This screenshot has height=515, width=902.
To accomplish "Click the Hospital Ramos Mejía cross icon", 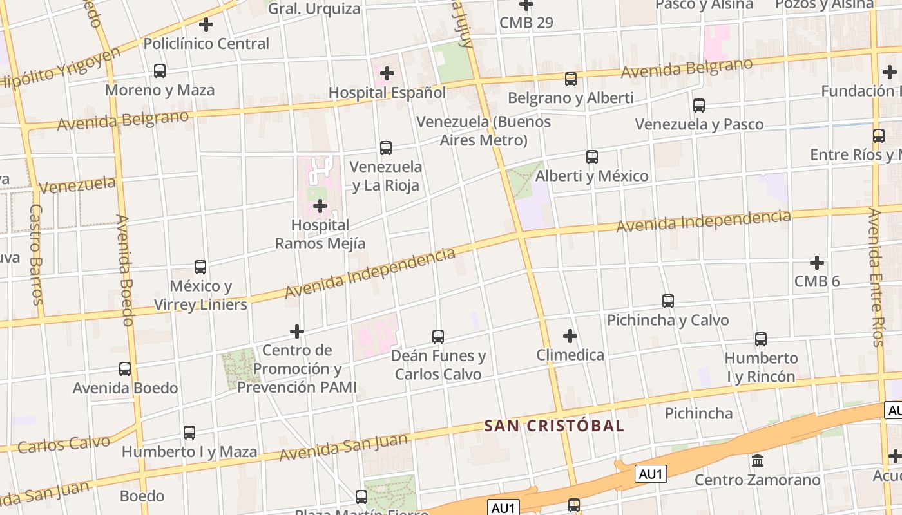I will pos(320,206).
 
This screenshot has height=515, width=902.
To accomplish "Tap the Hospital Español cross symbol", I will pos(387,73).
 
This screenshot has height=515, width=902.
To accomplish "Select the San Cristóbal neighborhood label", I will pos(554,426).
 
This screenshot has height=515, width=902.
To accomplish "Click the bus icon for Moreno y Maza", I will pos(160,71).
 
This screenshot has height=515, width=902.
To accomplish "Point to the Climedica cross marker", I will pos(570,336).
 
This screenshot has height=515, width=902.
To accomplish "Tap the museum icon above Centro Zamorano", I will pos(758,461).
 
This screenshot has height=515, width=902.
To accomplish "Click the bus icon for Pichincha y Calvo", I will pos(668,301).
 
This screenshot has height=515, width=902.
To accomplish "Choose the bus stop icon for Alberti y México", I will pos(592,156).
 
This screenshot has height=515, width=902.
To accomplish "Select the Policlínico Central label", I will pos(206,44).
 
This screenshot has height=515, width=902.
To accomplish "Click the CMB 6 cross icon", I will pos(817,263).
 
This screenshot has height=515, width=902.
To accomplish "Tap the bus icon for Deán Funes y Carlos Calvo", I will pos(438,336).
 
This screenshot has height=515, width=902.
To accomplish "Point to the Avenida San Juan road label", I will pos(344,447).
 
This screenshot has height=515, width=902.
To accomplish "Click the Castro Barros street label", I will pos(36,254).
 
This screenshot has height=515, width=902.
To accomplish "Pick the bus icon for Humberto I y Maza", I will pos(189,433).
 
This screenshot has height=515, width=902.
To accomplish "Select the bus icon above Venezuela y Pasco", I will pos(699,105).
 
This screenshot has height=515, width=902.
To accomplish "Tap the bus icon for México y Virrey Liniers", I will pos(200,267).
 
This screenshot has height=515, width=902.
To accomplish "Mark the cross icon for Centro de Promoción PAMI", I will pos(297,332).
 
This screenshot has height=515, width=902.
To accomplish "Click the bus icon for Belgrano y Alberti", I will pos(571,79).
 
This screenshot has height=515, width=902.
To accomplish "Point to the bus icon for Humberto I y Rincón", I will pos(761,339).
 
